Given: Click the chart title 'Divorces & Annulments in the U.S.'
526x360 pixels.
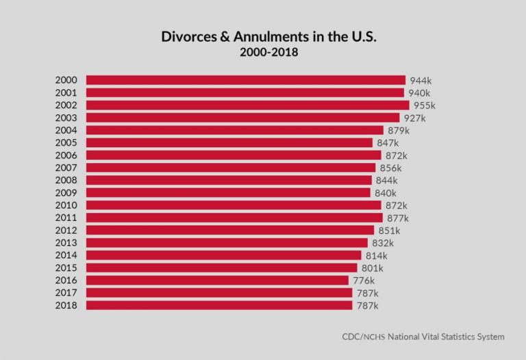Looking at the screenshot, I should pyautogui.click(x=269, y=36).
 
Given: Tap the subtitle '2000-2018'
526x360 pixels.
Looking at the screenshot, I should pyautogui.click(x=269, y=53).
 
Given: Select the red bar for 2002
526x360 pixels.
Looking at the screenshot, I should pyautogui.click(x=247, y=105).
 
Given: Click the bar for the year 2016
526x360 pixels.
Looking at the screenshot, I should pyautogui.click(x=217, y=280).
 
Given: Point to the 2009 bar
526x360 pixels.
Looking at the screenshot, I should pyautogui.click(x=228, y=193).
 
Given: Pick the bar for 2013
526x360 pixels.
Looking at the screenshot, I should pyautogui.click(x=227, y=243).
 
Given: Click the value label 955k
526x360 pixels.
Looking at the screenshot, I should pyautogui.click(x=424, y=105).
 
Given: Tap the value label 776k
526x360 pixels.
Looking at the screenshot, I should pyautogui.click(x=364, y=281).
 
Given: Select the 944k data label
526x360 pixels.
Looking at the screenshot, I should pyautogui.click(x=421, y=81).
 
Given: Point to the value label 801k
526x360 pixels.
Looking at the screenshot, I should pyautogui.click(x=372, y=268).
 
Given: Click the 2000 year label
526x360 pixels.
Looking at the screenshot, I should pyautogui.click(x=66, y=80).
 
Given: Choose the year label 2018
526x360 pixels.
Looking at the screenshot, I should pyautogui.click(x=66, y=305).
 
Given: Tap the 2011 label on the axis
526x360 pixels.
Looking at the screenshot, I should pyautogui.click(x=66, y=218).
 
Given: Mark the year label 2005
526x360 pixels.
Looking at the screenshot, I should pyautogui.click(x=66, y=142).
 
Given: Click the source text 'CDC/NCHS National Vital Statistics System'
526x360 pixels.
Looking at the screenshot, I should pyautogui.click(x=423, y=337).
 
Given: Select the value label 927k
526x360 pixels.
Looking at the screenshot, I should pyautogui.click(x=414, y=118).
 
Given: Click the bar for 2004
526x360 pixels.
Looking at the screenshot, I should pyautogui.click(x=234, y=130).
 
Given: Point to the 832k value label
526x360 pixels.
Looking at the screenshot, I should pyautogui.click(x=383, y=243).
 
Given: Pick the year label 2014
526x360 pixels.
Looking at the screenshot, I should pyautogui.click(x=66, y=255).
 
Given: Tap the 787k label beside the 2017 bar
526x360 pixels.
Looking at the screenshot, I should pyautogui.click(x=367, y=293).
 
